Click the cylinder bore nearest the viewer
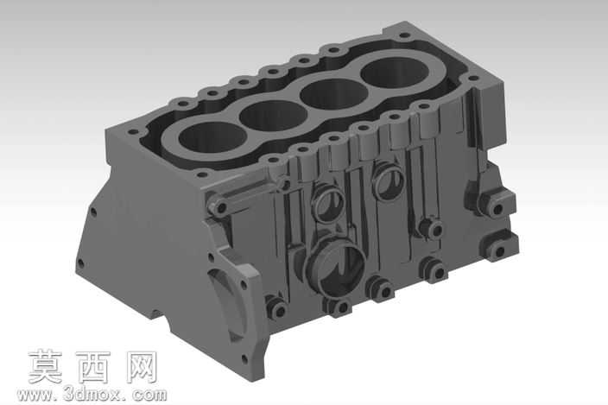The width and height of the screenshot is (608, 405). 212,137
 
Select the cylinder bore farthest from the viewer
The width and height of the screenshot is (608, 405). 395,73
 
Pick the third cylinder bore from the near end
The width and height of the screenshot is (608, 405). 334,94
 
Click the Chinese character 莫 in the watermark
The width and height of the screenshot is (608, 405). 46,367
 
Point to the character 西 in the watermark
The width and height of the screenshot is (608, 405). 93,367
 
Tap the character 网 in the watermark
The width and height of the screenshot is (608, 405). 142,367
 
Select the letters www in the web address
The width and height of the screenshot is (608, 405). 35,396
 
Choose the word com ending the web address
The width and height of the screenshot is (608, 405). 149,395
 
